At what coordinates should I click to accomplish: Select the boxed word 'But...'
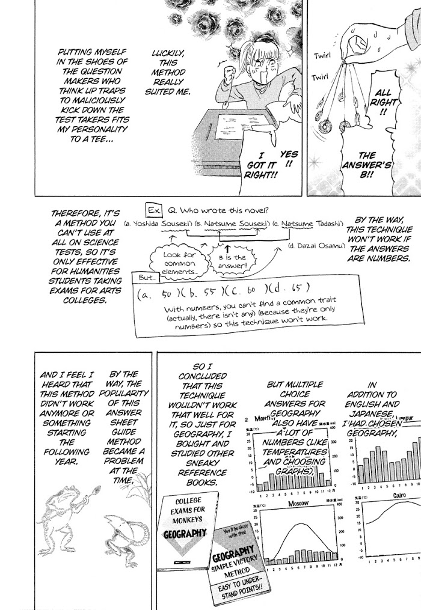(147, 278)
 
